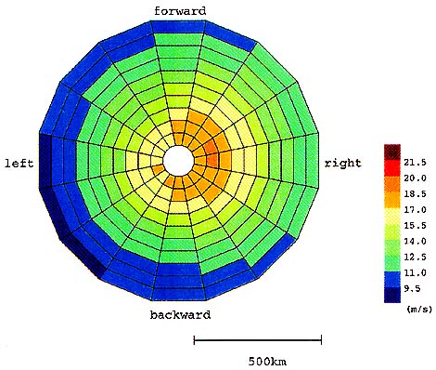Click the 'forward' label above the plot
(x=180, y=11)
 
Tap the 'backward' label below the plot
(x=180, y=315)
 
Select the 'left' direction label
(x=19, y=164)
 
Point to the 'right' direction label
(x=342, y=163)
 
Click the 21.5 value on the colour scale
(x=415, y=163)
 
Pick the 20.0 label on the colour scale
(x=415, y=178)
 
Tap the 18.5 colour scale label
(x=415, y=194)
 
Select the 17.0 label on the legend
(x=415, y=210)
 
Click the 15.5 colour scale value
(x=415, y=226)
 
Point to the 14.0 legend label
(x=415, y=242)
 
